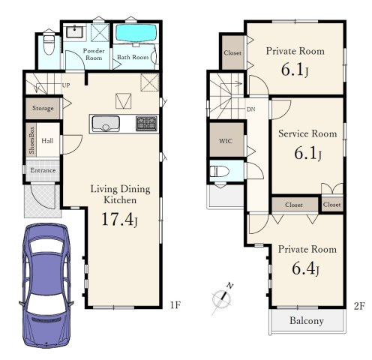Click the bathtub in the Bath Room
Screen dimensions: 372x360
click(136, 33)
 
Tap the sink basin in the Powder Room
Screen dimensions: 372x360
click(74, 32)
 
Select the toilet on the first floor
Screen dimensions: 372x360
click(49, 44)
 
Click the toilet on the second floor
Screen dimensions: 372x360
click(219, 172)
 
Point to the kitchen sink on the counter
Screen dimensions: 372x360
click(106, 124)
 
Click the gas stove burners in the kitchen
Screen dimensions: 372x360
click(147, 124)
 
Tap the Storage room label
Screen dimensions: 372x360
click(43, 109)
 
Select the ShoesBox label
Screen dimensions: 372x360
click(31, 140)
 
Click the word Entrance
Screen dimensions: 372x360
click(43, 170)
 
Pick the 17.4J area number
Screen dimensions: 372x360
click(119, 220)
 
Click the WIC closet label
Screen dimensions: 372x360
click(226, 141)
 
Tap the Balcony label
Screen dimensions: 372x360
click(307, 321)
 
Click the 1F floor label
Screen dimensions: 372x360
click(175, 304)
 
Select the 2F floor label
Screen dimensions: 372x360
click(359, 306)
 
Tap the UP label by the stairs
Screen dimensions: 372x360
click(66, 85)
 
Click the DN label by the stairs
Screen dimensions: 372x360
click(251, 109)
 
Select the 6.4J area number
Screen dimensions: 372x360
click(305, 269)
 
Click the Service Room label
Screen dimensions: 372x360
click(307, 133)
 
